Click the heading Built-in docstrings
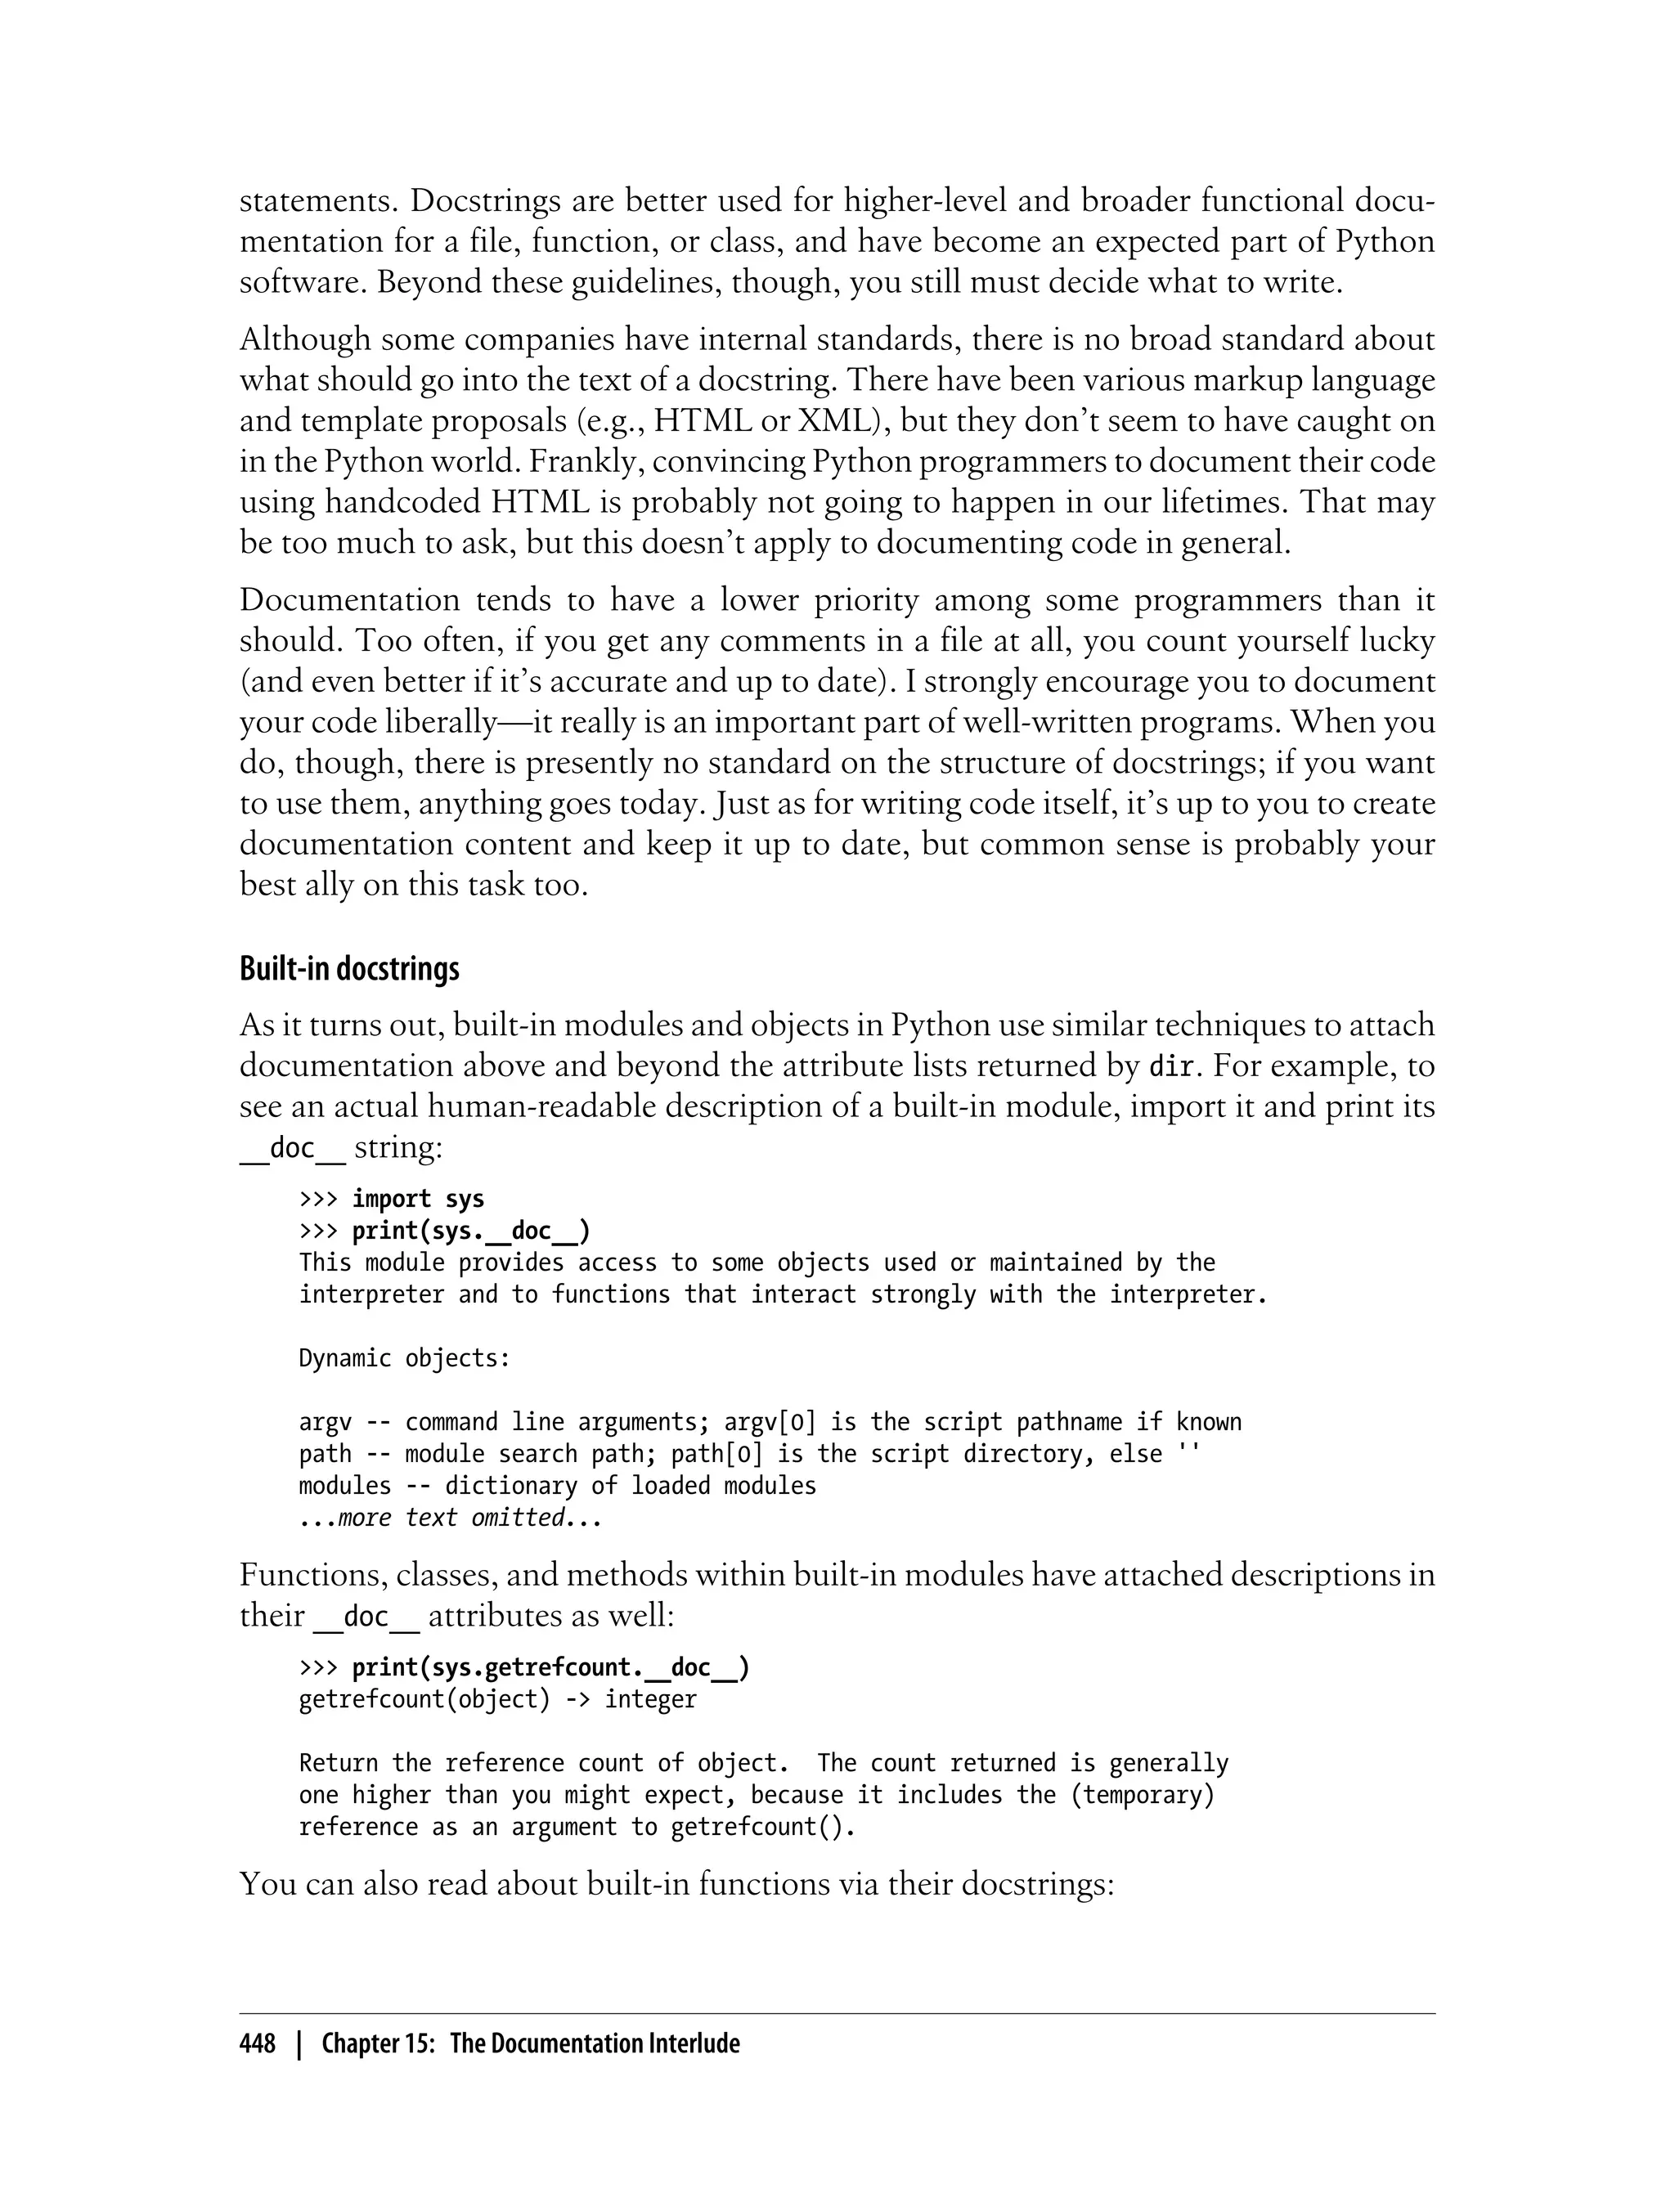pyautogui.click(x=349, y=969)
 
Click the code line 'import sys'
pyautogui.click(x=418, y=1198)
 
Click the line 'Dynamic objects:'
pyautogui.click(x=404, y=1357)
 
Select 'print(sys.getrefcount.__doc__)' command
pyautogui.click(x=550, y=1666)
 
